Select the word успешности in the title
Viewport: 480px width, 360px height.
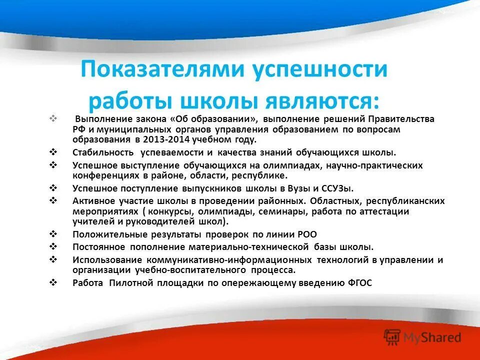click(x=319, y=69)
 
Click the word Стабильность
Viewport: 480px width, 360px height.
click(x=103, y=152)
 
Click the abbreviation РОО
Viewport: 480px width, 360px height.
click(x=306, y=234)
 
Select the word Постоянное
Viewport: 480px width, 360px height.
click(x=98, y=247)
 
